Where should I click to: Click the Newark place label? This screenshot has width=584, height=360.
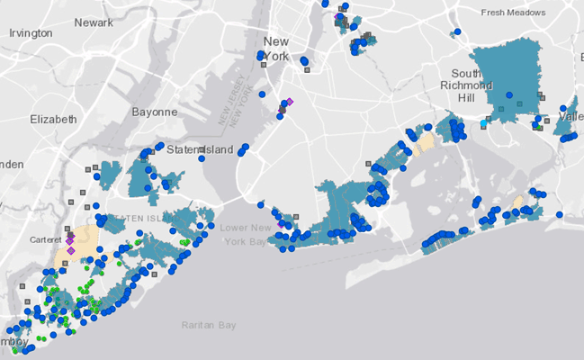(x=94, y=22)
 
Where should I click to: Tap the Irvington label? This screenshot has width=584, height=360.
(x=31, y=33)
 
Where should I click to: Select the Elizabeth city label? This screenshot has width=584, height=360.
(x=53, y=119)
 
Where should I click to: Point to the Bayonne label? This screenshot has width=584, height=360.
(x=155, y=112)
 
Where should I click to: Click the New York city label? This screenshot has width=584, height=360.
(x=275, y=49)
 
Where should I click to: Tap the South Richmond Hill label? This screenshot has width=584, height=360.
(x=472, y=85)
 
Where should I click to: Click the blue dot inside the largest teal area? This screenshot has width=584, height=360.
(x=508, y=95)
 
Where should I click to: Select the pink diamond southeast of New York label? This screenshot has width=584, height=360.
(x=290, y=102)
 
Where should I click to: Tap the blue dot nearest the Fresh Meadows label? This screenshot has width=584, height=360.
(x=457, y=31)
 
